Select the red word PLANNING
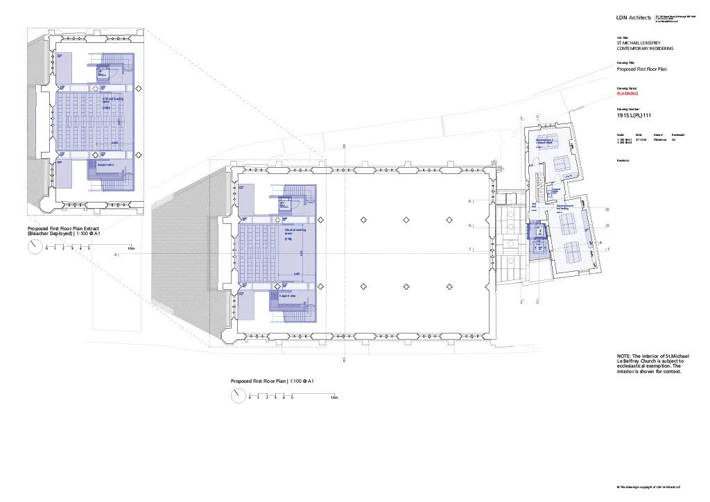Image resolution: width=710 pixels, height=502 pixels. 627,94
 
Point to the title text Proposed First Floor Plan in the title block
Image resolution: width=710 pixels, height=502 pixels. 642,70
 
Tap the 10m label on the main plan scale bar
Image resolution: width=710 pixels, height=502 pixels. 334,398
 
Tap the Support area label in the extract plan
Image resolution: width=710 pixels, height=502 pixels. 106,164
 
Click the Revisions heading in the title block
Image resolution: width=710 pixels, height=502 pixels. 623,159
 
